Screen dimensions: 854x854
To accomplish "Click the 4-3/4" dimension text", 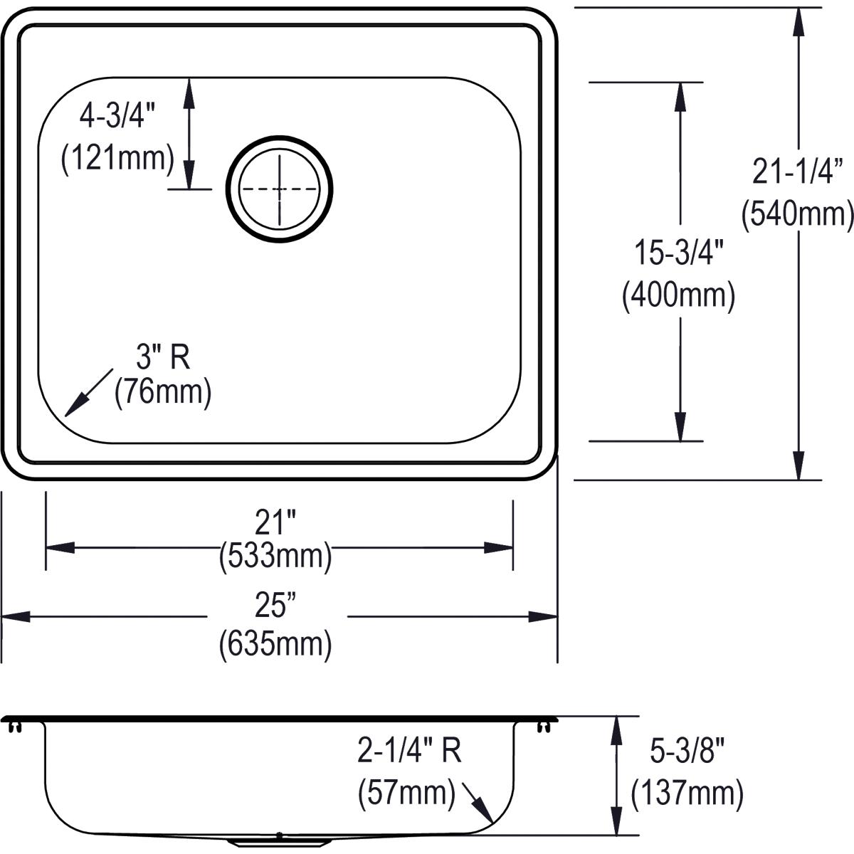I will (117, 115).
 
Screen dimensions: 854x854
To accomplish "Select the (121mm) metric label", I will (117, 157).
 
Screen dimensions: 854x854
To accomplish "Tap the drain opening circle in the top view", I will (279, 190).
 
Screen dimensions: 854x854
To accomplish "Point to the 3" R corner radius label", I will (163, 357).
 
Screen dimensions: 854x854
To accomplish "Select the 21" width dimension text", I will (275, 524).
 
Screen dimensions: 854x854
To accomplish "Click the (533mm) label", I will (275, 555).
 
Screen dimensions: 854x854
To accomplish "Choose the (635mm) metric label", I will (275, 643).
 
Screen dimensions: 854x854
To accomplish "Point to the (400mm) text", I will (678, 295).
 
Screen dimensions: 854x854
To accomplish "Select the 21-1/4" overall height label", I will (797, 172).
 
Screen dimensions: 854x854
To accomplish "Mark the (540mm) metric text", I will (797, 213).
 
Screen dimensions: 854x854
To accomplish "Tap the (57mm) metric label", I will (406, 791).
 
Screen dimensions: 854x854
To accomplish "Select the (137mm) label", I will (687, 791).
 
